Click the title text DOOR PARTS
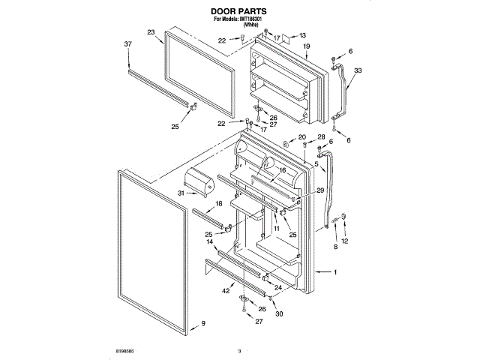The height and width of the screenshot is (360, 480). pyautogui.click(x=239, y=12)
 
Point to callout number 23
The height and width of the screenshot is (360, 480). pyautogui.click(x=151, y=33)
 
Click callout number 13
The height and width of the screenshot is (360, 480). pyautogui.click(x=302, y=35)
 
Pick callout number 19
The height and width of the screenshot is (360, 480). pyautogui.click(x=307, y=47)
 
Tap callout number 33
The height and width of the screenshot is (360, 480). pyautogui.click(x=358, y=70)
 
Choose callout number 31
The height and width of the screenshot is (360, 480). pyautogui.click(x=181, y=193)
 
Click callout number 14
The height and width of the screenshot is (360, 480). pyautogui.click(x=211, y=242)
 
